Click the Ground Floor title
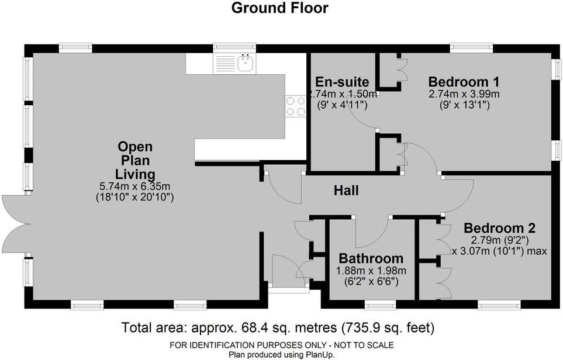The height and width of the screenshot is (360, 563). pos(280,8)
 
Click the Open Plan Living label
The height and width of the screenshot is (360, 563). pos(135,160)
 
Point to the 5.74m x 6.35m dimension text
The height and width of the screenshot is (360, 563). pos(135,187)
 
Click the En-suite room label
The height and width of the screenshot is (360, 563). pos(342,81)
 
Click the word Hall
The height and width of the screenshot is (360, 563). pos(346,191)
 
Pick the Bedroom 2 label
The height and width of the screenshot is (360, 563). pos(499,228)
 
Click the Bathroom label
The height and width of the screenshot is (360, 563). pos(371,258)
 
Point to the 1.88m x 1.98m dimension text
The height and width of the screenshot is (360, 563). pos(371,271)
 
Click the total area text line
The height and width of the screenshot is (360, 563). pos(278,327)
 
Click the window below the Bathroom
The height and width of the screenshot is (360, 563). pos(380,304)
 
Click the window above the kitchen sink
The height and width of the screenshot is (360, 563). pos(234,47)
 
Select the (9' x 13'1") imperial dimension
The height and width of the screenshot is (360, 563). pos(464,105)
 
